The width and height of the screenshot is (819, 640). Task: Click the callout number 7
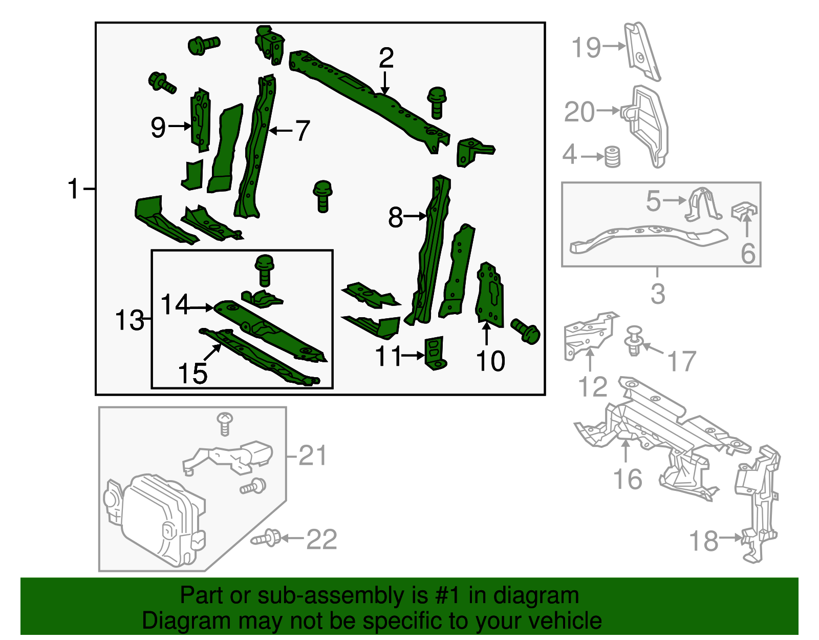[x=303, y=131]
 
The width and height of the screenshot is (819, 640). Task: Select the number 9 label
[x=158, y=127]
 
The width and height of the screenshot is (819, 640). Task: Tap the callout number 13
[x=129, y=320]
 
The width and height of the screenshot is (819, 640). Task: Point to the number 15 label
[x=192, y=373]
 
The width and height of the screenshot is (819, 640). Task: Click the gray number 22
[x=321, y=540]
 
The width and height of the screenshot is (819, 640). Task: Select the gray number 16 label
[x=628, y=480]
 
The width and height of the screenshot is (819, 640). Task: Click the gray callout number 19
[x=586, y=47]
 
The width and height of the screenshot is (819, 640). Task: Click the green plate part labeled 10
[x=490, y=297]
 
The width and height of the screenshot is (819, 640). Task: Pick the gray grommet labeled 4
[x=612, y=157]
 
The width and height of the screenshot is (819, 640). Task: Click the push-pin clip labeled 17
[x=634, y=341]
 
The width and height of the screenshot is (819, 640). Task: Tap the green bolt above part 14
[x=265, y=269]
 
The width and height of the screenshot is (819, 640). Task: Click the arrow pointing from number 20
[x=608, y=110]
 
